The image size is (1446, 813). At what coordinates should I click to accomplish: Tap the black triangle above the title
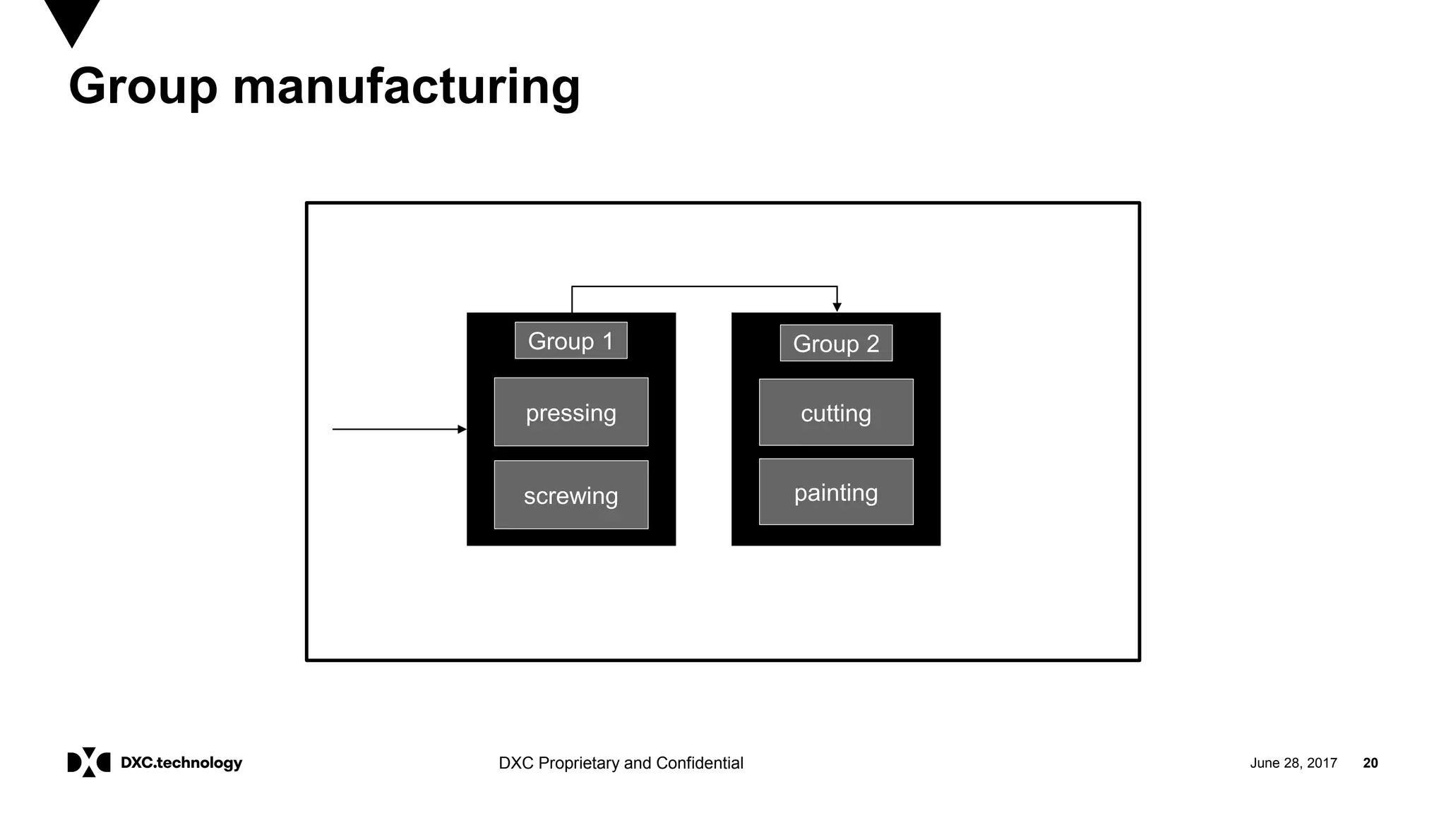coord(72,20)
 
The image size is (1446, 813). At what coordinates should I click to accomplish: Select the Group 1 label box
coord(570,341)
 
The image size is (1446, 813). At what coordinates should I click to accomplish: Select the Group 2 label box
coord(836,344)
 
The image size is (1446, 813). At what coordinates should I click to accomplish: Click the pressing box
coord(570,412)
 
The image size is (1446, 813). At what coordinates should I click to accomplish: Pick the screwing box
coord(570,495)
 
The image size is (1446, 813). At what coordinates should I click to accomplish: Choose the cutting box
coord(836,413)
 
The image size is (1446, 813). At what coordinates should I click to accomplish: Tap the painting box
coord(836,492)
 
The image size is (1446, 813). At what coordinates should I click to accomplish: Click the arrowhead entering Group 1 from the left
coord(462,429)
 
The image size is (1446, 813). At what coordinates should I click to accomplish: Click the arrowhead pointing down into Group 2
coord(837,307)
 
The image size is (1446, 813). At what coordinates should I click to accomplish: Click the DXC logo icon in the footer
coord(88,762)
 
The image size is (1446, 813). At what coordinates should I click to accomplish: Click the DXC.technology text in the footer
coord(181,763)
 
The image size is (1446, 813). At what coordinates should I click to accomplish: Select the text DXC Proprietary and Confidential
coord(621,763)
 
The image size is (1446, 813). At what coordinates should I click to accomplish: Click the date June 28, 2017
coord(1293,763)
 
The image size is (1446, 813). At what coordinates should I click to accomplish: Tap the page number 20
coord(1370,763)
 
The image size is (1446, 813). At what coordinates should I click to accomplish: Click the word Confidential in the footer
coord(699,763)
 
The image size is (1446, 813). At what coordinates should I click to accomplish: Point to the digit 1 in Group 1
coord(608,341)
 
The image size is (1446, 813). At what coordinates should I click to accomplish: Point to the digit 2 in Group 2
coord(873,344)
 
